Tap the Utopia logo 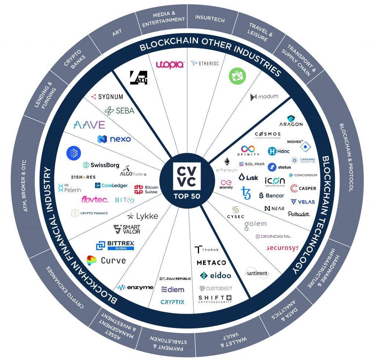coord(170,65)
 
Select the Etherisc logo coord(205,64)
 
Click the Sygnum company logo coord(107,97)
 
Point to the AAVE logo coord(89,125)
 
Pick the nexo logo coord(114,139)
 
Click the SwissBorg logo coord(101,165)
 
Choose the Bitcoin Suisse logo coord(146,189)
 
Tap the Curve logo coord(106,260)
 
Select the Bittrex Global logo coord(115,245)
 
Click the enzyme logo coord(135,287)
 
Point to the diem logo coord(173,289)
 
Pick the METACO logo coord(211,263)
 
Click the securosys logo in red coord(282,248)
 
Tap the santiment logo coord(257,273)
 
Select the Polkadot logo coord(299,214)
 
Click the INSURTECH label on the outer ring coord(210,19)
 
